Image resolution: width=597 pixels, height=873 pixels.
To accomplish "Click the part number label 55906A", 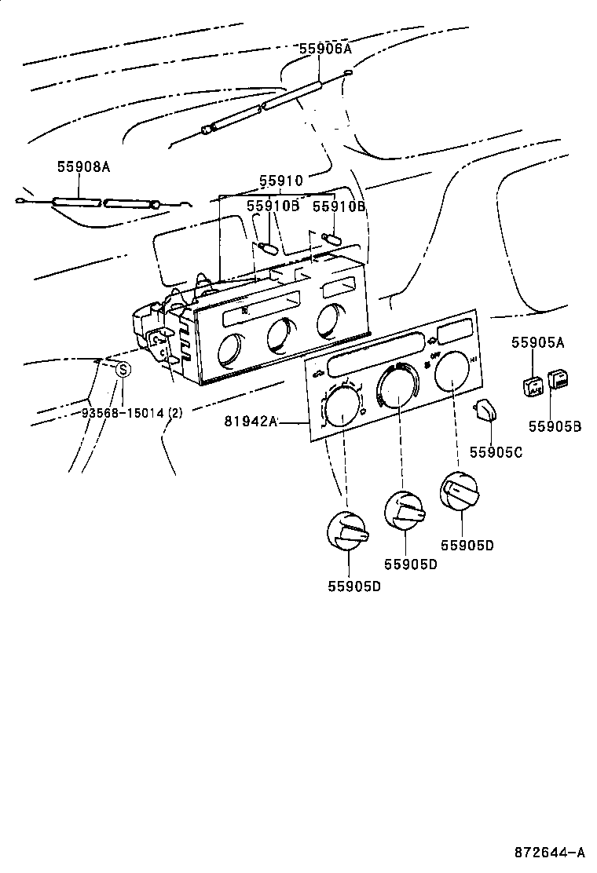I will point(324,49).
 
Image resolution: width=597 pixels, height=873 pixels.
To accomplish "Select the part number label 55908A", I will point(83,166).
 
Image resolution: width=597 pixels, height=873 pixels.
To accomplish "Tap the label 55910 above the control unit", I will point(280,181).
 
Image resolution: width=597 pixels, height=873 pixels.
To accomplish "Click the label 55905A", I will point(538,342).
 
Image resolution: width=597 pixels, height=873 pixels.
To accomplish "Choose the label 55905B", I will point(555,426).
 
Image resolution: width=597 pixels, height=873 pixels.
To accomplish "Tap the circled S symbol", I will point(123,370).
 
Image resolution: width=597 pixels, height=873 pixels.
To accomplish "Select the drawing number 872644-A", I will point(550,852).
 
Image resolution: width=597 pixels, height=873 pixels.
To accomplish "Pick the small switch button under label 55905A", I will point(533,385).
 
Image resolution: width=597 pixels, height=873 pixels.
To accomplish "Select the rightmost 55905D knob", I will point(459,491).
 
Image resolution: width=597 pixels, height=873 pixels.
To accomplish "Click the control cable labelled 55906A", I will point(267,102).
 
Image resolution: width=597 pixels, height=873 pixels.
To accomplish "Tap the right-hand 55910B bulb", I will point(331,236).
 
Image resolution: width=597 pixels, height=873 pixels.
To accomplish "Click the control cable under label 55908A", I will point(102,203).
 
